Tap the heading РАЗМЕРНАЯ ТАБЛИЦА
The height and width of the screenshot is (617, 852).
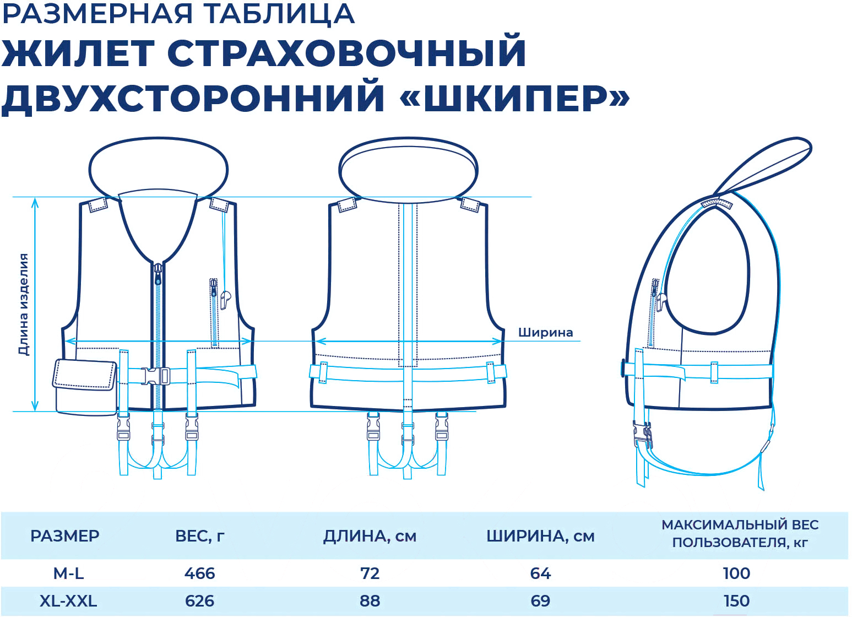pos(178,14)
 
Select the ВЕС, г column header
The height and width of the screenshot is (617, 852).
pos(200,536)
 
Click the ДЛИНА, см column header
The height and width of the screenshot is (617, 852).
pos(370,536)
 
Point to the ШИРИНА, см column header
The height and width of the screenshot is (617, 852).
pos(540,536)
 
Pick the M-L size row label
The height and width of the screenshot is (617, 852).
pos(68,573)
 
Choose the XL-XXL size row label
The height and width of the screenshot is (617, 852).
pos(68,601)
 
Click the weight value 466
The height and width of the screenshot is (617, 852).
pos(200,573)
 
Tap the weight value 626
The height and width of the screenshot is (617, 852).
pos(200,601)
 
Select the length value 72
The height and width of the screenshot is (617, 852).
pos(370,573)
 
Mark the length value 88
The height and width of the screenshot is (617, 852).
pos(370,601)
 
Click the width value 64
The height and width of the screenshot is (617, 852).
pos(540,573)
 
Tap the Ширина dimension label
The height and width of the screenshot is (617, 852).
pos(545,333)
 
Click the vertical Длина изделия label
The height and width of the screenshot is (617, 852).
pos(24,305)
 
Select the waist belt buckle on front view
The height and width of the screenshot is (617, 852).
pos(155,376)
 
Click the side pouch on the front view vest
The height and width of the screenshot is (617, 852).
pos(84,387)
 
